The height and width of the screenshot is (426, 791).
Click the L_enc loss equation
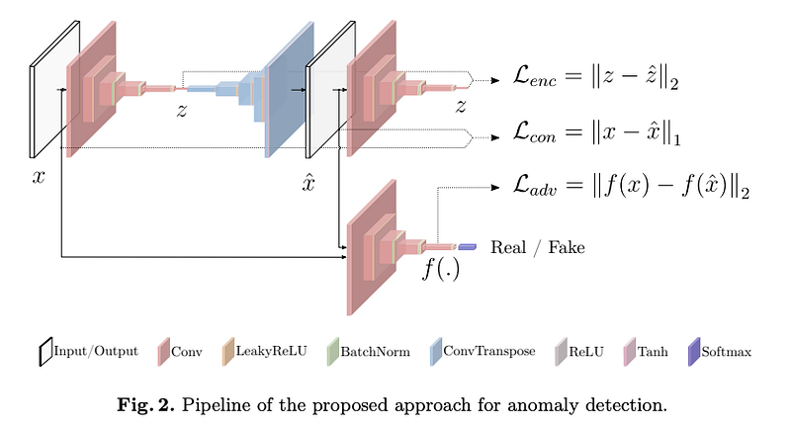coord(596,77)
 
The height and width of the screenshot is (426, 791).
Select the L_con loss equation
coord(597,132)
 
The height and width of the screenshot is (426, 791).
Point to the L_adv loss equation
coord(631,186)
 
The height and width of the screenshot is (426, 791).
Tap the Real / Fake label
coord(538,247)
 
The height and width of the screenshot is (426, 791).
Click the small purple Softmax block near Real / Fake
coord(467,246)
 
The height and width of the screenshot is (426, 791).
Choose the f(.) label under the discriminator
coord(441,269)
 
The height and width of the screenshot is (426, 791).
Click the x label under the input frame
coord(39,177)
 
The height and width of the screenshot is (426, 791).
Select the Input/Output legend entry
coord(89,352)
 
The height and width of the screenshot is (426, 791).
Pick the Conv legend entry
coord(180,352)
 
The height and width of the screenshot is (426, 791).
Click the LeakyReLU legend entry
coord(264,352)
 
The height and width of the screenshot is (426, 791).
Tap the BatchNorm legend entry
coord(368,352)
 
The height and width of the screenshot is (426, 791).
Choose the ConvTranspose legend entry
coord(483,352)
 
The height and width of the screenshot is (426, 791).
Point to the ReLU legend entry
coord(579,352)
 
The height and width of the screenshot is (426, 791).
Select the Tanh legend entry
coord(647,352)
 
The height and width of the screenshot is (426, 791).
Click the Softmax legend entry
coord(720,352)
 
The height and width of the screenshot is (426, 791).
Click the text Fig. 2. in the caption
coord(145,405)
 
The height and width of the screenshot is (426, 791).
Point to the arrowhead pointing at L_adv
coord(495,188)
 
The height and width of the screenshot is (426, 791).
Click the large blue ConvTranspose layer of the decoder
coord(290,89)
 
